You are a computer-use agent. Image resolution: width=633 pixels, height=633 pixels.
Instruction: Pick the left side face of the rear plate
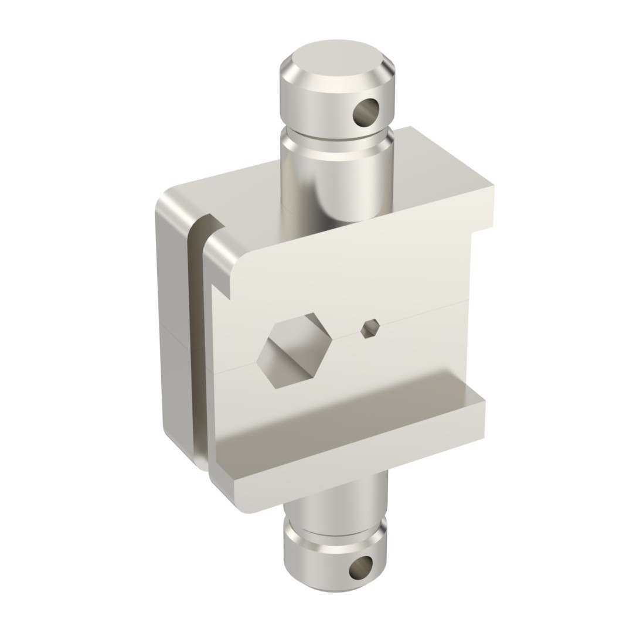coord(173,328)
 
